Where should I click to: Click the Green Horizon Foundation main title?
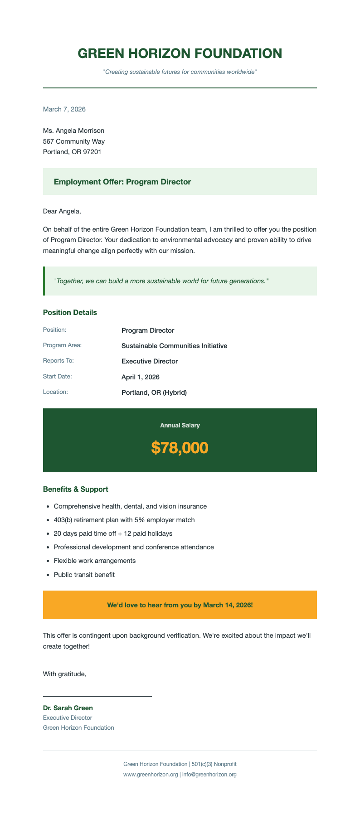pos(180,53)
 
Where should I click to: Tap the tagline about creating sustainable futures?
pos(180,72)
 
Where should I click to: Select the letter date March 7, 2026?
pos(64,109)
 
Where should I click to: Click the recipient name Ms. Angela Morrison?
pos(73,131)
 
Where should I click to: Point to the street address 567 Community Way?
pos(73,141)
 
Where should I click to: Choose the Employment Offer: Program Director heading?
pos(122,182)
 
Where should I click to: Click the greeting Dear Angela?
pos(61,211)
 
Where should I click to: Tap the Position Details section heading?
pos(70,312)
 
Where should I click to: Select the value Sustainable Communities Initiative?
pos(174,346)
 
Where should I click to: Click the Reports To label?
pos(58,361)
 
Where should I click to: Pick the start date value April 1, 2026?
pos(140,377)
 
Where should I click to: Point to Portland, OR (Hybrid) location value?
pos(154,393)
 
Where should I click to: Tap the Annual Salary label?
pos(180,426)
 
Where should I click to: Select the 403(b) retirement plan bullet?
pos(124,520)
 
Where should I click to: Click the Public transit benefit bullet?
pos(84,575)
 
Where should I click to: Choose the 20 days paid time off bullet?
pos(113,533)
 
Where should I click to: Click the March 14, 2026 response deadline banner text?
pos(180,605)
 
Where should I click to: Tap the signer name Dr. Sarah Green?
pos(68,708)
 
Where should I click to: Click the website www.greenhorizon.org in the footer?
pos(151,775)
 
